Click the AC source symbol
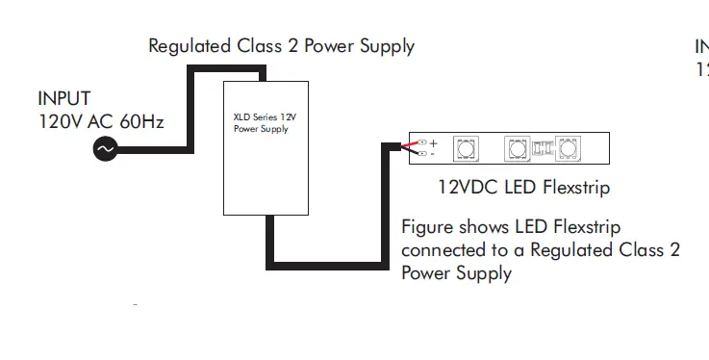click(x=103, y=149)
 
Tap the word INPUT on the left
click(x=64, y=98)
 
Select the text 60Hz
click(x=140, y=122)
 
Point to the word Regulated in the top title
click(x=189, y=45)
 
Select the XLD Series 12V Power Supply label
click(x=261, y=123)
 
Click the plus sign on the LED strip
click(x=433, y=142)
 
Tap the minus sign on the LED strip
click(x=433, y=153)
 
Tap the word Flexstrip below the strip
click(x=574, y=189)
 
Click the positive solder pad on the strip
click(x=421, y=142)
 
